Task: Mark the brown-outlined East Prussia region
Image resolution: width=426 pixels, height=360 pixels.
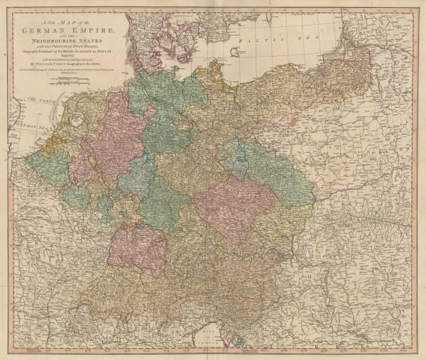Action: tap(369, 64)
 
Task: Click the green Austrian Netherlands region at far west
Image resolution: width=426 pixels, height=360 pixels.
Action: tap(50, 170)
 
